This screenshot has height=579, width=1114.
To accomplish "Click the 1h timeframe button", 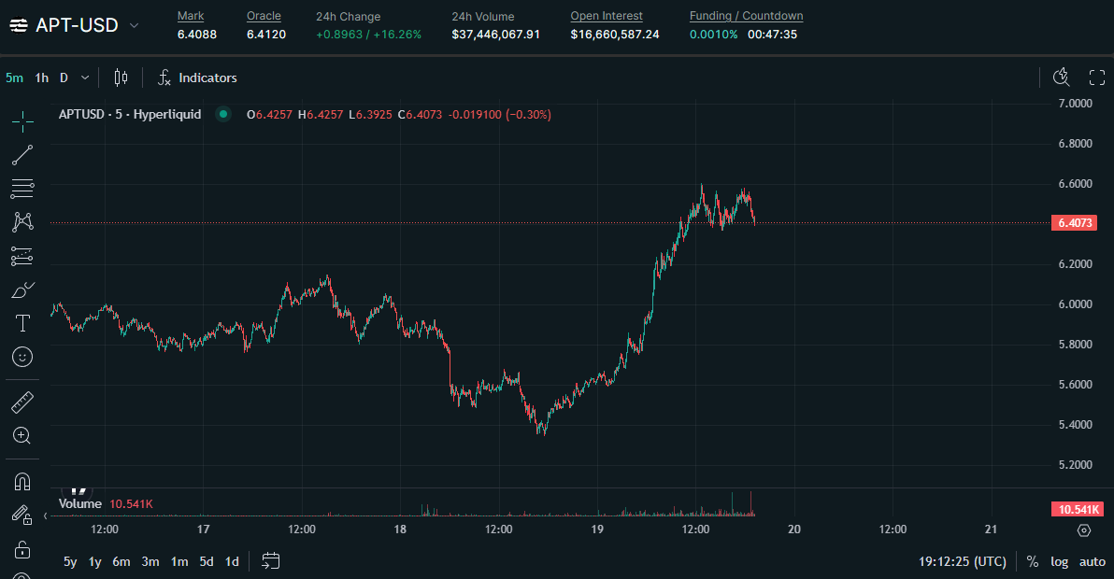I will point(42,78).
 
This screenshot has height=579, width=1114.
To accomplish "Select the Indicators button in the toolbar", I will point(197,78).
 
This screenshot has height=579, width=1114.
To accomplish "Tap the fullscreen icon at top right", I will point(1097,78).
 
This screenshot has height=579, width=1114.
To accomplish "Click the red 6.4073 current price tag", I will point(1074,223).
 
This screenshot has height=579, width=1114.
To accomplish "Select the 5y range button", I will point(70,561).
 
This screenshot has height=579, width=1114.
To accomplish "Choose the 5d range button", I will point(207,561).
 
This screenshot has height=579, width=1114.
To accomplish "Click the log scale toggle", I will point(1059,561).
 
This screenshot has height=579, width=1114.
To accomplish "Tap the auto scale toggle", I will point(1093,561).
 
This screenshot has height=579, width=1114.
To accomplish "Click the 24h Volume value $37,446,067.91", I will point(495,35).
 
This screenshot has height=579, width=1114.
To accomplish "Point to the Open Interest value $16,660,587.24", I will point(615,35).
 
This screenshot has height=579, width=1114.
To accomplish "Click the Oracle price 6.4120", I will point(266,35).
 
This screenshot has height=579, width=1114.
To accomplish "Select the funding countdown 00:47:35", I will point(772,35).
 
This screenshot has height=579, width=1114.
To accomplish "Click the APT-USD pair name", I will point(77,25).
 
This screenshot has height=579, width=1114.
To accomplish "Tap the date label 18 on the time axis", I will point(400,530).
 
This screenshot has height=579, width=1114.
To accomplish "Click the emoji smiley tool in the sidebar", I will point(22,357).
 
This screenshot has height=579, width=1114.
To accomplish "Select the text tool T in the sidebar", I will point(22,323).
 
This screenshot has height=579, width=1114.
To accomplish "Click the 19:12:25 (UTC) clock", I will point(963,561).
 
